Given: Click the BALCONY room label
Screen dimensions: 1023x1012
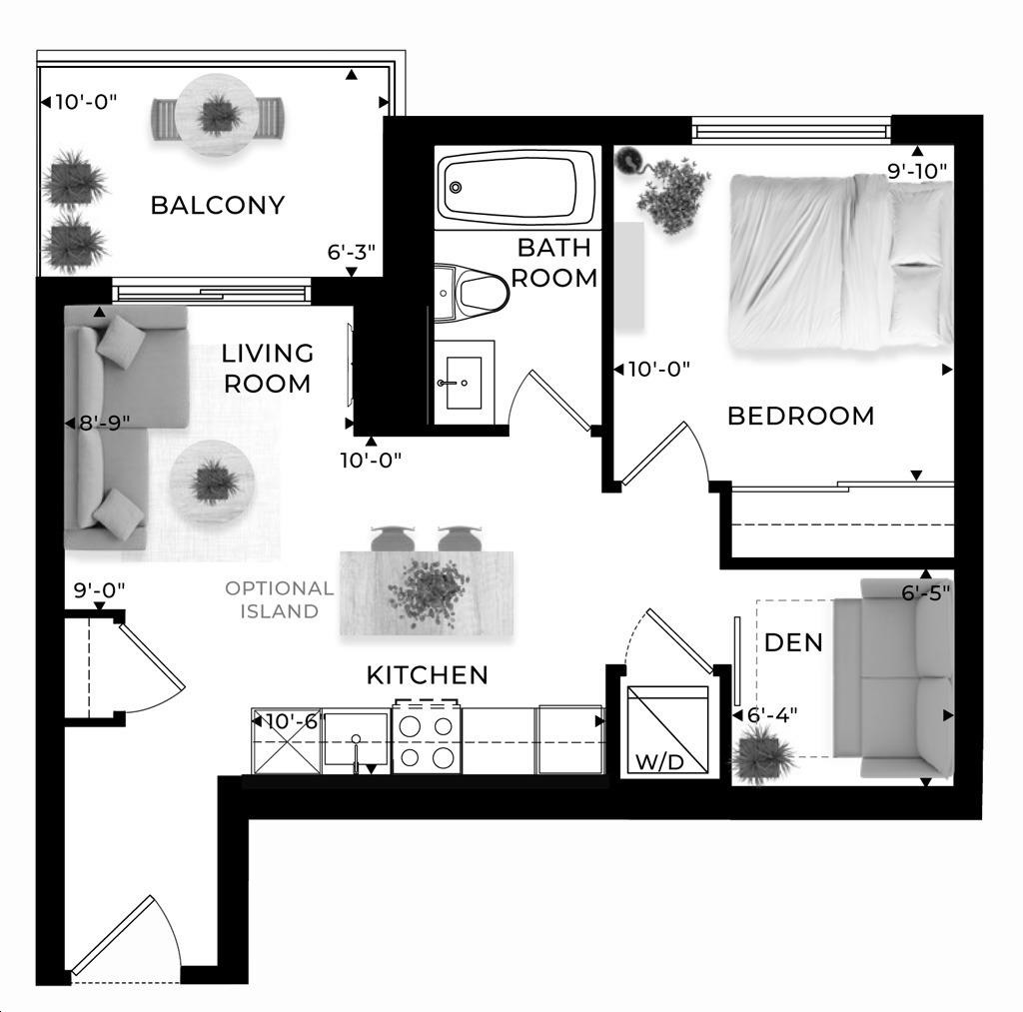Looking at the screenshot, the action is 217,205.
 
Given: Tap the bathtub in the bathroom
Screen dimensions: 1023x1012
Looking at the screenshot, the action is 517,187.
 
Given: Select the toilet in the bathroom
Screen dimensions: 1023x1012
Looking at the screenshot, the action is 472,293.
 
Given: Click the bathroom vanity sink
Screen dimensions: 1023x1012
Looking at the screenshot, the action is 464,383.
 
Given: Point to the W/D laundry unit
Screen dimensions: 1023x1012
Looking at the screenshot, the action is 667,729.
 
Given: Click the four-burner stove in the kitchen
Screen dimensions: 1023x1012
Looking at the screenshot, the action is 426,738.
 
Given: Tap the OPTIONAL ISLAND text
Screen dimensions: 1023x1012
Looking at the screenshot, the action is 280,599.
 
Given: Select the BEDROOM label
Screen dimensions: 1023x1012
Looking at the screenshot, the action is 800,416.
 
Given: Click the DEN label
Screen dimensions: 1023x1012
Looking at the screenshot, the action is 793,642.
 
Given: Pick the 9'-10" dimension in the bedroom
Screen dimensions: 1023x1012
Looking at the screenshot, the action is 917,171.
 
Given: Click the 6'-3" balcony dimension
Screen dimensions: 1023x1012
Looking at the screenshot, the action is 351,251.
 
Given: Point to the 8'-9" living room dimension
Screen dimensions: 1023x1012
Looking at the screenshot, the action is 104,424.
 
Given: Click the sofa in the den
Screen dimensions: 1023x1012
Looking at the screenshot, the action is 894,678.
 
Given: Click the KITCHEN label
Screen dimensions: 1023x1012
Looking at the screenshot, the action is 428,675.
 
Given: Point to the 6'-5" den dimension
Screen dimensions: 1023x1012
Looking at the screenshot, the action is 926,593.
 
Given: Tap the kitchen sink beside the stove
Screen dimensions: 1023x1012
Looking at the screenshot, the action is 356,738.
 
